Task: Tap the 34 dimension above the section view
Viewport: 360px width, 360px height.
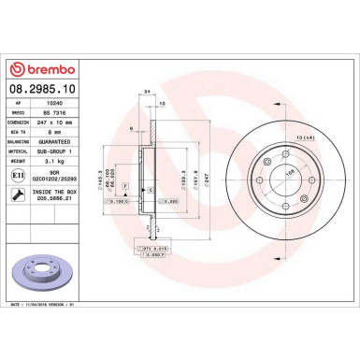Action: [x=148, y=91]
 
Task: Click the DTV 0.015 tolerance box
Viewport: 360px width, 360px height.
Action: [x=151, y=248]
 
